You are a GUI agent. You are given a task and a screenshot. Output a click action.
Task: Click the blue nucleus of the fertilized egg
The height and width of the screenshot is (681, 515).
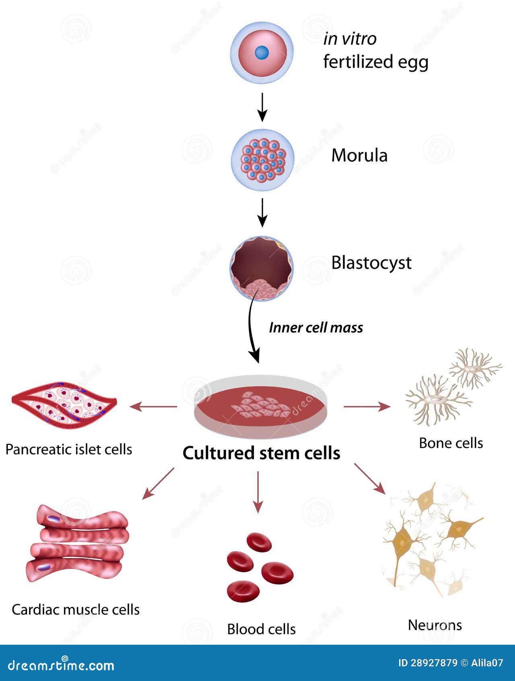click(x=262, y=52)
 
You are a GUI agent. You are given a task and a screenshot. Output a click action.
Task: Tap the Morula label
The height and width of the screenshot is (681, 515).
click(x=359, y=156)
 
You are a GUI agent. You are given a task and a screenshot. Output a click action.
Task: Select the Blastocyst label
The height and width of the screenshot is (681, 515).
click(x=371, y=263)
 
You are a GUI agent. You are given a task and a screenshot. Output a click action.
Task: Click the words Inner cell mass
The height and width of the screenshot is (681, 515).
click(x=316, y=328)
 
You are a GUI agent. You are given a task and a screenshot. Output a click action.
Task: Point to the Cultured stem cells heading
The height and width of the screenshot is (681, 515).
click(x=262, y=453)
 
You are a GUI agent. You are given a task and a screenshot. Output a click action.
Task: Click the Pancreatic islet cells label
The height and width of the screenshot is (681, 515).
click(x=69, y=449)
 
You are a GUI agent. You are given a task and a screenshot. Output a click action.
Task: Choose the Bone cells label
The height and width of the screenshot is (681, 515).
click(x=451, y=443)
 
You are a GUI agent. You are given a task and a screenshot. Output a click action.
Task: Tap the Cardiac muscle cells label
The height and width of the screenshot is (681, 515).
click(x=76, y=609)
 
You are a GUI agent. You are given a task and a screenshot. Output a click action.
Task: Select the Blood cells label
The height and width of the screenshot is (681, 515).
click(x=261, y=629)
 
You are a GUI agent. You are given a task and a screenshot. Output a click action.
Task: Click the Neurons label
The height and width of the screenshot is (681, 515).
click(x=435, y=625)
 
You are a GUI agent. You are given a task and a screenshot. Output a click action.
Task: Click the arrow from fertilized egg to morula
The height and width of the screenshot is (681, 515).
click(x=262, y=107)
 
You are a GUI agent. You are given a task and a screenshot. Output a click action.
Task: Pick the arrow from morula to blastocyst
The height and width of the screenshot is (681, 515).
click(x=262, y=212)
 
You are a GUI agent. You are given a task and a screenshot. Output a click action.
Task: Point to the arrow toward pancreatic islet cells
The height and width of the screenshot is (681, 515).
click(x=153, y=407)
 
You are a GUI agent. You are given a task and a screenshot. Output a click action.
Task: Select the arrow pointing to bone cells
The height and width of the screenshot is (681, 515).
click(x=367, y=407)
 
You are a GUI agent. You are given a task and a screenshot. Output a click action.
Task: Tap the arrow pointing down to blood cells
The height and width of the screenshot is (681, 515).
click(x=258, y=492)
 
